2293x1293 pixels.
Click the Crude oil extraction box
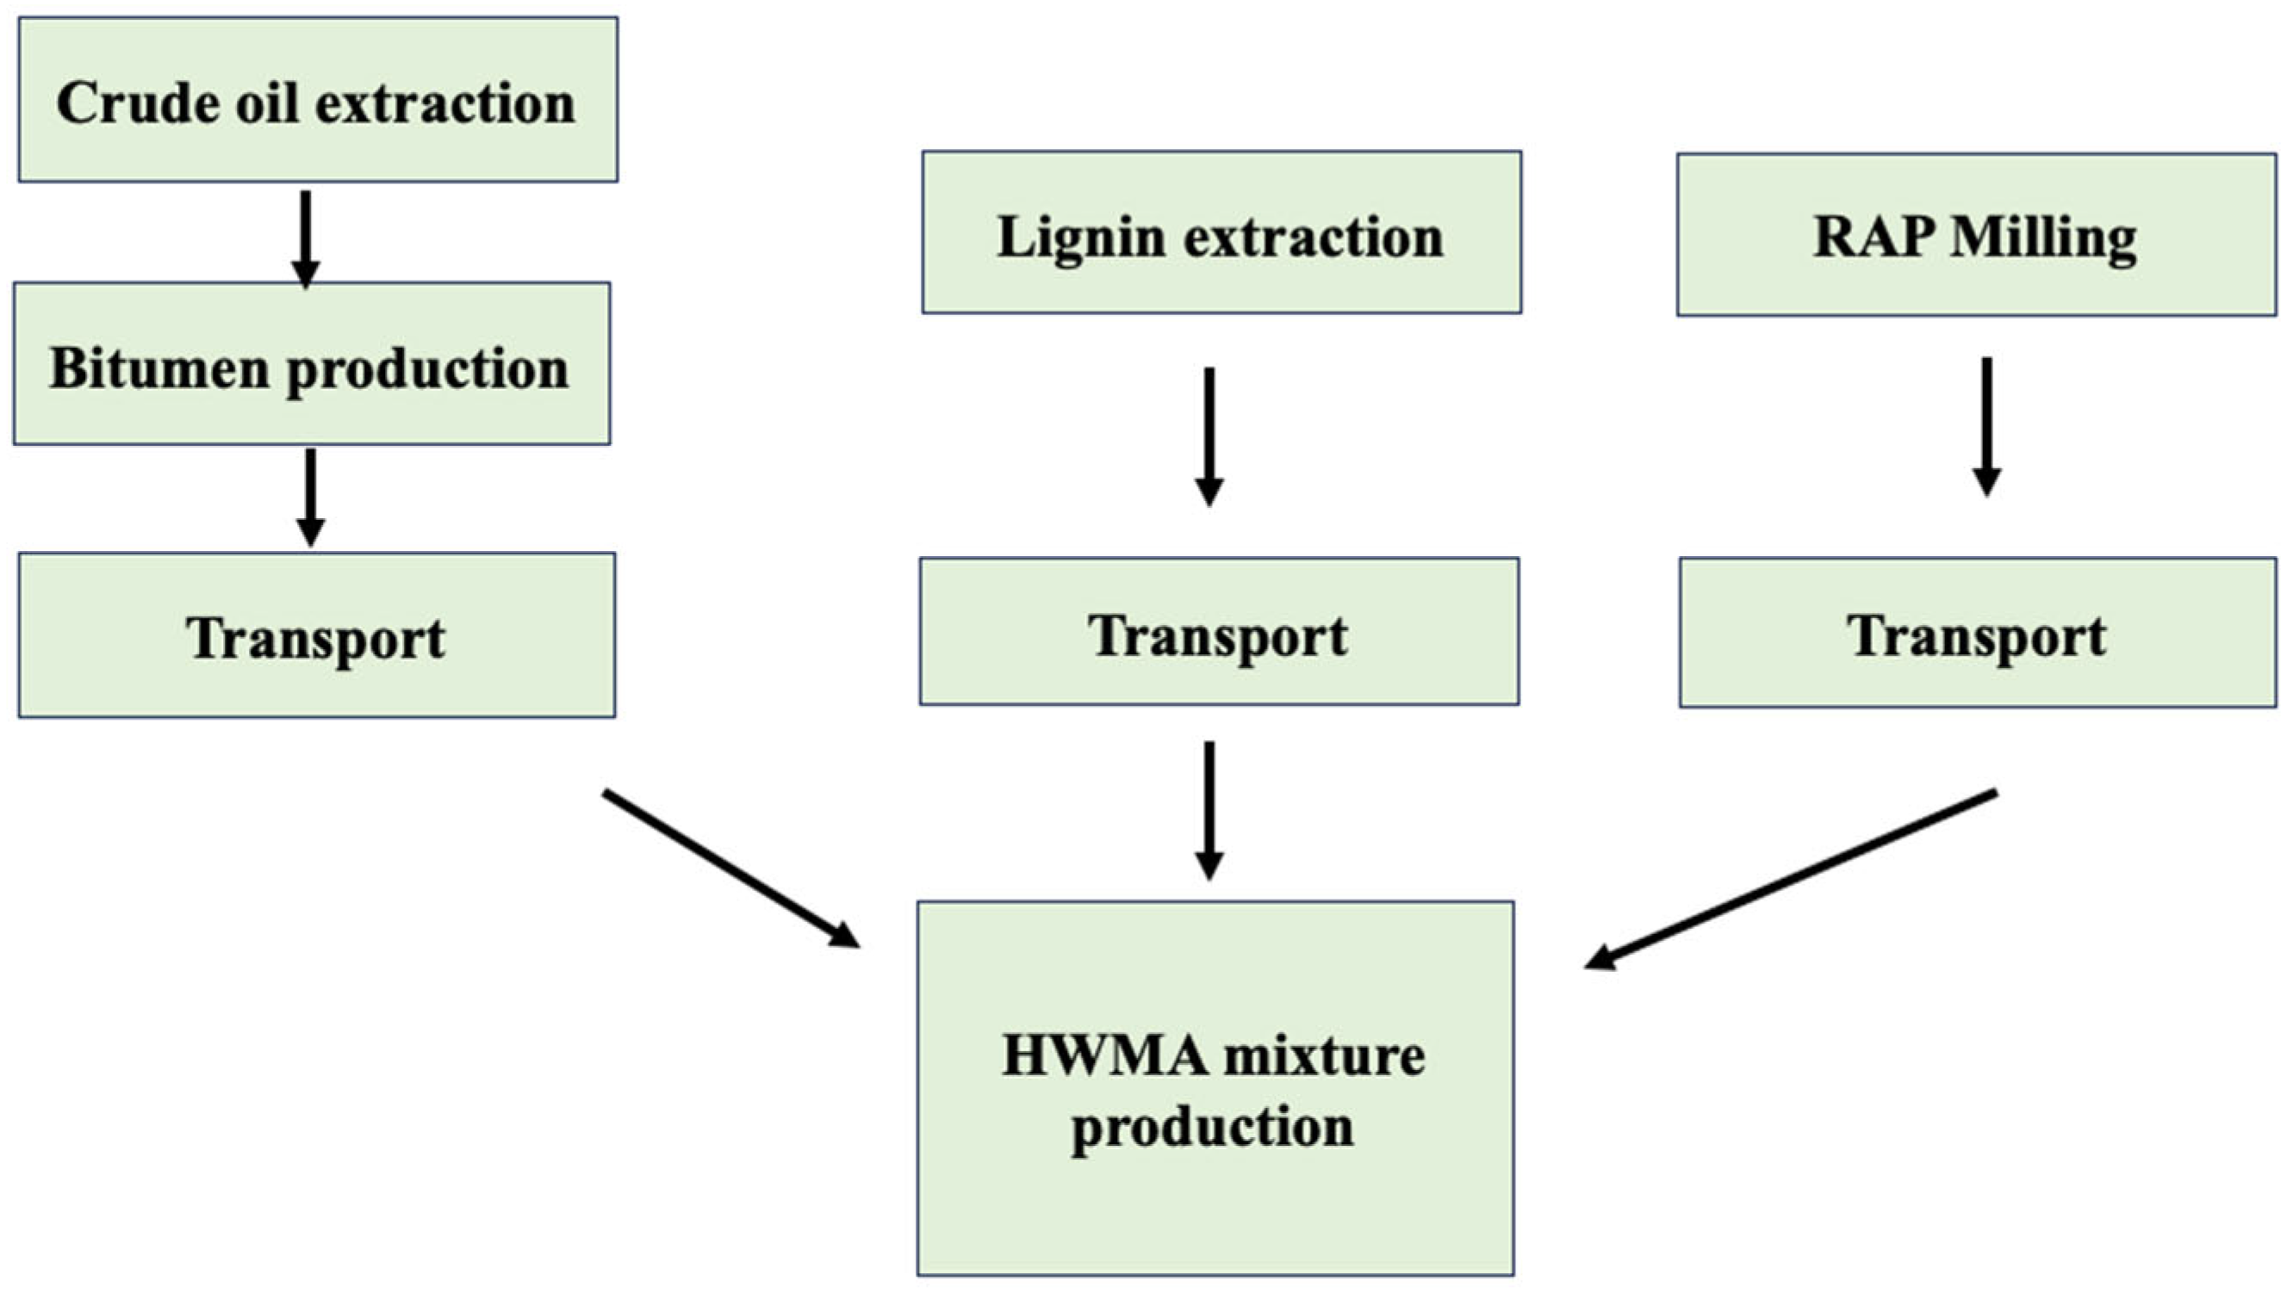[318, 100]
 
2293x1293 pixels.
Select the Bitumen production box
[312, 363]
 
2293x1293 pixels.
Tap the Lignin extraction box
[1221, 232]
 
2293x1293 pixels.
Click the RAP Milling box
[1976, 235]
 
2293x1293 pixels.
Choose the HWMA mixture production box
[1215, 1087]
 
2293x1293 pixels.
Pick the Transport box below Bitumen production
[317, 635]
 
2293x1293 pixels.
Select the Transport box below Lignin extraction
[1219, 631]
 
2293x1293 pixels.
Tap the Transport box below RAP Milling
[1977, 633]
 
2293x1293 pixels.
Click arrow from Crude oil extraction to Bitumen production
[305, 237]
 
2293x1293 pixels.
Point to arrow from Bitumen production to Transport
[310, 496]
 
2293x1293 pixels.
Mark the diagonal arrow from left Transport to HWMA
[730, 868]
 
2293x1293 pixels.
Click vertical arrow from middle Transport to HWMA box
[1209, 809]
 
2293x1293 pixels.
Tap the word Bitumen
[158, 368]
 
